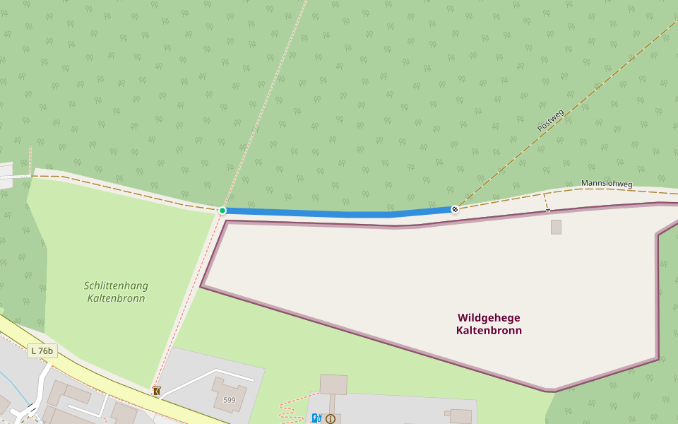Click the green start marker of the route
(x=222, y=211)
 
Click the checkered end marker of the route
(x=455, y=209)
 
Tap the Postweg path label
(x=551, y=120)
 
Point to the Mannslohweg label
(x=607, y=184)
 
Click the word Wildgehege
(x=489, y=318)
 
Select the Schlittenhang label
(x=116, y=285)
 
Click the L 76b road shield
(x=42, y=351)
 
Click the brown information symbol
(x=331, y=419)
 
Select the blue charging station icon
(x=316, y=418)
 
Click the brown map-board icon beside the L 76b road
(x=156, y=391)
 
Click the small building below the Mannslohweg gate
(x=556, y=227)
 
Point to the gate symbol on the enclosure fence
(x=548, y=210)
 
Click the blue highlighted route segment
(x=339, y=213)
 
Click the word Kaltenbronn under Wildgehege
(x=489, y=331)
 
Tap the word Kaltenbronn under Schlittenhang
(x=116, y=298)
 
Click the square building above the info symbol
(x=333, y=384)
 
